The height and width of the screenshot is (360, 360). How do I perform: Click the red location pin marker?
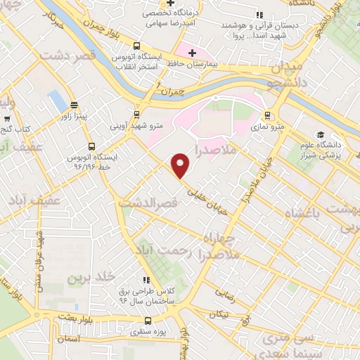tap(181, 165)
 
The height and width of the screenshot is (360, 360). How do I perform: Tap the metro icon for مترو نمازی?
tap(266, 116)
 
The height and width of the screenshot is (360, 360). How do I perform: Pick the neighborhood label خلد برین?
tap(91, 278)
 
